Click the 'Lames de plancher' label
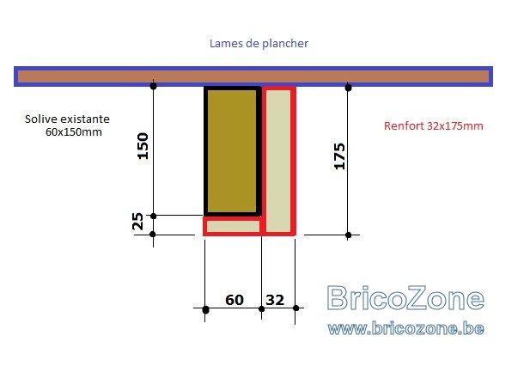[x=259, y=44]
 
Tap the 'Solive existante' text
[x=67, y=119]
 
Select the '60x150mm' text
[x=74, y=132]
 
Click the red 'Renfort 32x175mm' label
[x=434, y=126]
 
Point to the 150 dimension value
[x=143, y=146]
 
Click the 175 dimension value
[x=339, y=156]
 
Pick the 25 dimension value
[x=137, y=222]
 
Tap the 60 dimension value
[x=235, y=300]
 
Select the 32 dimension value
[x=275, y=300]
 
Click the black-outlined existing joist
[x=232, y=151]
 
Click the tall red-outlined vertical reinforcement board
[x=278, y=161]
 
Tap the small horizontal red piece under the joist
[x=233, y=226]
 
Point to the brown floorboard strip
[x=253, y=76]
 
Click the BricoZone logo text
[x=405, y=298]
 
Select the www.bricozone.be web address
[x=405, y=328]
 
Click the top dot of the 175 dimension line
[x=348, y=88]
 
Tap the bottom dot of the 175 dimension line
[x=348, y=235]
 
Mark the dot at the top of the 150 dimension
[x=153, y=86]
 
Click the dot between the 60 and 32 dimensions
[x=261, y=309]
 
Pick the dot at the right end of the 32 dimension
[x=295, y=308]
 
